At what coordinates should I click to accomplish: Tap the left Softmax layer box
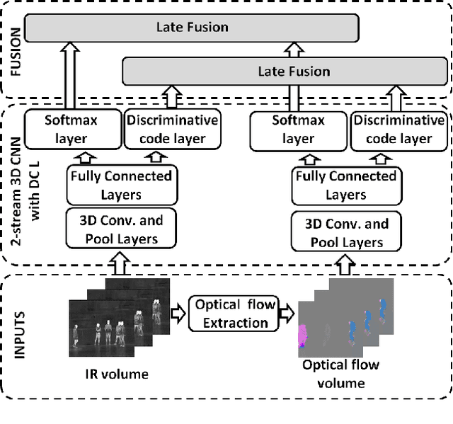(x=71, y=129)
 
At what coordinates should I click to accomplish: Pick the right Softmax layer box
(x=298, y=129)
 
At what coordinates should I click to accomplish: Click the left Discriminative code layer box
(x=172, y=129)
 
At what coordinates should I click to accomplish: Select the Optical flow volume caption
(x=340, y=374)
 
